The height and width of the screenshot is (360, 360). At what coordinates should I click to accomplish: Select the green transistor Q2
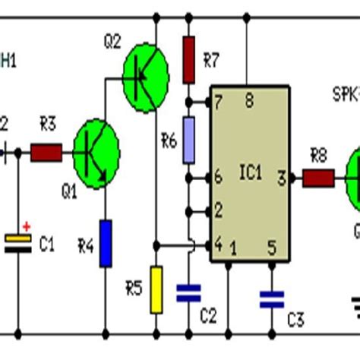click(145, 70)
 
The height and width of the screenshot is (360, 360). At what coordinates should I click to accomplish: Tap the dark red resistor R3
click(46, 153)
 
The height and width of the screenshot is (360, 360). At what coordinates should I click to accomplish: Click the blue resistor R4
click(106, 243)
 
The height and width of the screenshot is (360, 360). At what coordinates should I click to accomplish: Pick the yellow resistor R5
click(156, 289)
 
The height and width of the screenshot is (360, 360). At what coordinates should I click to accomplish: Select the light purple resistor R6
click(189, 140)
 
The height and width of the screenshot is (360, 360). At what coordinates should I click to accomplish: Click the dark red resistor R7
click(189, 61)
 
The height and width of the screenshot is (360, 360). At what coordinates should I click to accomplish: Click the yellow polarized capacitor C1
click(18, 243)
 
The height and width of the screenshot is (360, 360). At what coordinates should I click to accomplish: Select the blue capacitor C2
click(188, 293)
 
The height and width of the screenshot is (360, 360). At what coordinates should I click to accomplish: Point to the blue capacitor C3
click(270, 298)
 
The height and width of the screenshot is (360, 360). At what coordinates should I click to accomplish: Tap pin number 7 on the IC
click(219, 102)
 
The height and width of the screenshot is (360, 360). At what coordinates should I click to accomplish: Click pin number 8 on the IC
click(248, 100)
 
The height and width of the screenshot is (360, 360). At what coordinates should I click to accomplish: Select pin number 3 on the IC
click(280, 178)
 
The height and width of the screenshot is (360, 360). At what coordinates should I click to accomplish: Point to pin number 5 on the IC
click(270, 248)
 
